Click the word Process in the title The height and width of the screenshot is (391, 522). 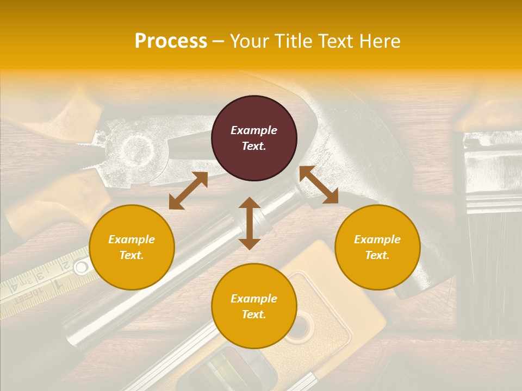(x=171, y=41)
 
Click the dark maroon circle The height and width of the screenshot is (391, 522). (x=254, y=138)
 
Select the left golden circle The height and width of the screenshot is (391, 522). (x=132, y=247)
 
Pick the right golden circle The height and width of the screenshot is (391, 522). (x=377, y=247)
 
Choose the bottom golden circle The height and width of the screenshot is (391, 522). (x=254, y=306)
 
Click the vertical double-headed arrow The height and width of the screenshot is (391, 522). (x=250, y=223)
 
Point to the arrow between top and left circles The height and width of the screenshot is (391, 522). (x=188, y=191)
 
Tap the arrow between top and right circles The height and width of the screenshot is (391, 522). (x=319, y=185)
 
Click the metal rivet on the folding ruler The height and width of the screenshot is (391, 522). (x=82, y=267)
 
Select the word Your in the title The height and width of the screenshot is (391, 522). (x=250, y=41)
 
